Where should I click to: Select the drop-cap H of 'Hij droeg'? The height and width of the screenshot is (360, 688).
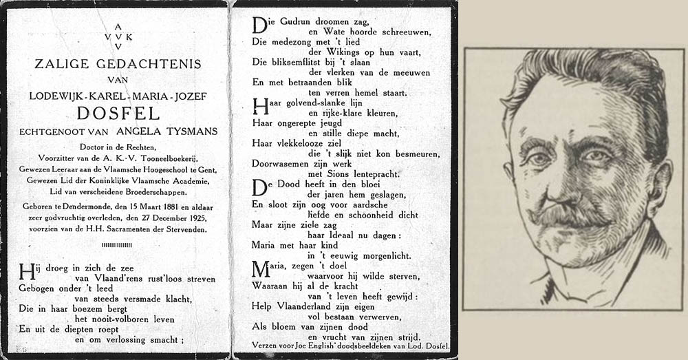coord(25,270)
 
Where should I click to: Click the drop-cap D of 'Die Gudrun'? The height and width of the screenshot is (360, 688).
coord(259,25)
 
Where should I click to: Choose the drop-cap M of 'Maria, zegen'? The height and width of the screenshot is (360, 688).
coord(261,268)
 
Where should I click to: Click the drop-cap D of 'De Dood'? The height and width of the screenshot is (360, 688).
coord(259,188)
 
